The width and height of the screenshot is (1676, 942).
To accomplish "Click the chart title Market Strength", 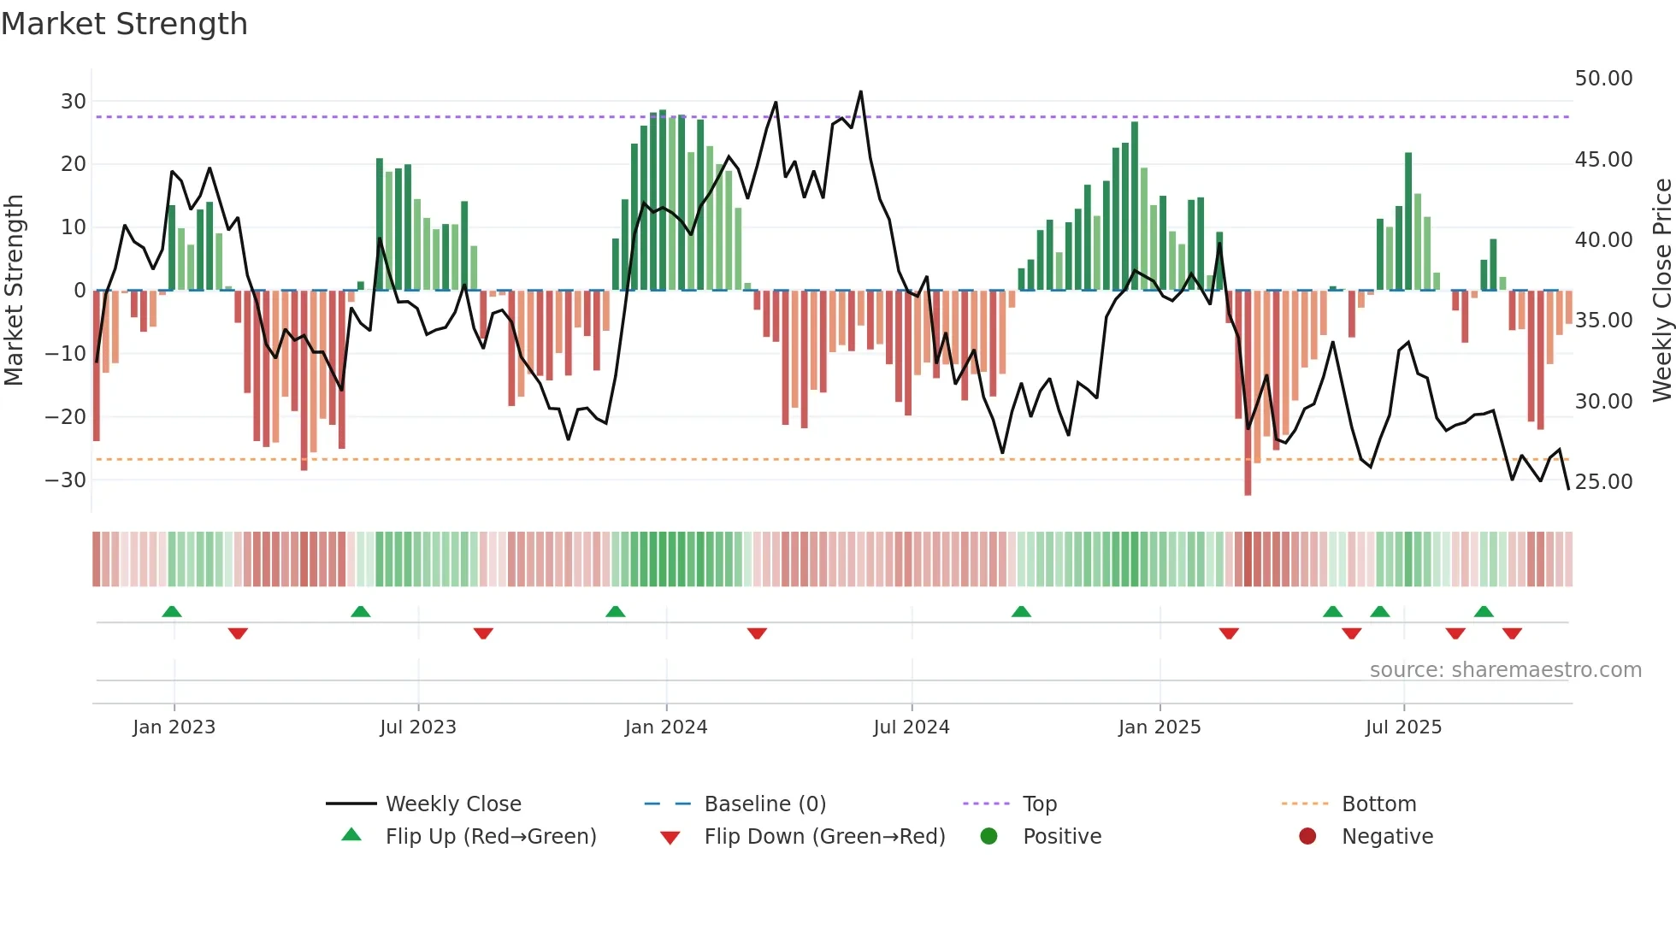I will (x=124, y=24).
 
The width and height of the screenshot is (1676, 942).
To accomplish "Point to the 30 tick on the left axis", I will (x=73, y=102).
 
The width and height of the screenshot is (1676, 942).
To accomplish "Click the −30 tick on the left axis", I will (x=66, y=480).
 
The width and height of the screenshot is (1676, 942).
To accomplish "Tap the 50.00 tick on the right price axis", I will (x=1603, y=79).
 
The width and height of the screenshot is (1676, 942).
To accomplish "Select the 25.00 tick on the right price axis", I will (x=1603, y=481).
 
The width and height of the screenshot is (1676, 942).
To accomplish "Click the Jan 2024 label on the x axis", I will (x=666, y=727).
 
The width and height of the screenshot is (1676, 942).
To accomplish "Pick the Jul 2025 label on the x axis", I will (x=1403, y=727).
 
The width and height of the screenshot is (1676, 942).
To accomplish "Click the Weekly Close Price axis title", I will (x=1661, y=291).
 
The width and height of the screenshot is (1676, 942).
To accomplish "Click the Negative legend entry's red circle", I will (x=1307, y=837).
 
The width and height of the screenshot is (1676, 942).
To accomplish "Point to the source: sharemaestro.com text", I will (x=1505, y=670).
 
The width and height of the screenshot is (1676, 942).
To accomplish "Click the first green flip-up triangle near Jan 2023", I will (x=172, y=611).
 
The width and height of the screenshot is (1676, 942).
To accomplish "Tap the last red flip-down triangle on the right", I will (x=1512, y=633).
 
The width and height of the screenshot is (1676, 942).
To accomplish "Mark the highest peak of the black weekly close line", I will (x=860, y=91).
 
